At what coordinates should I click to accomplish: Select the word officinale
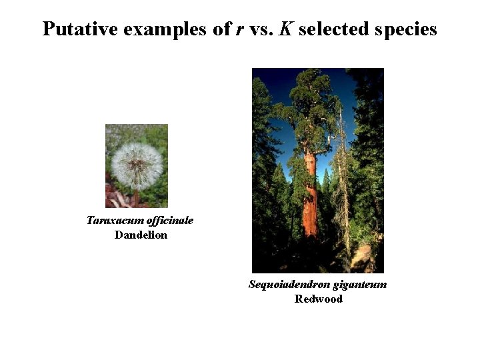[166, 220]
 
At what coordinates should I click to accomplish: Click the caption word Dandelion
[141, 235]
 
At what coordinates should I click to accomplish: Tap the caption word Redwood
[318, 299]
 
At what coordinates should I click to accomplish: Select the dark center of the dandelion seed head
[137, 163]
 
